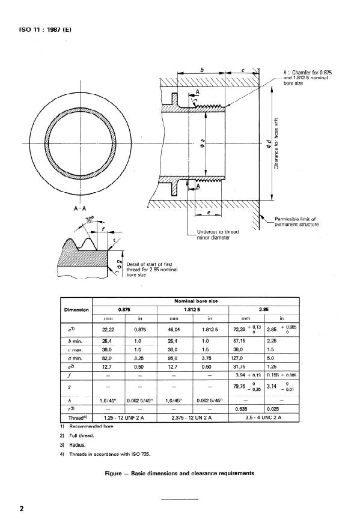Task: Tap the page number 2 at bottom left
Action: [22, 509]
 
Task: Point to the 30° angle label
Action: [91, 220]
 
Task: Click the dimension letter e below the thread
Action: [207, 213]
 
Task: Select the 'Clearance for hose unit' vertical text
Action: [276, 142]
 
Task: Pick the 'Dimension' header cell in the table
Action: [76, 310]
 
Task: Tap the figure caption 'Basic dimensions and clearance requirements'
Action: [179, 474]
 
